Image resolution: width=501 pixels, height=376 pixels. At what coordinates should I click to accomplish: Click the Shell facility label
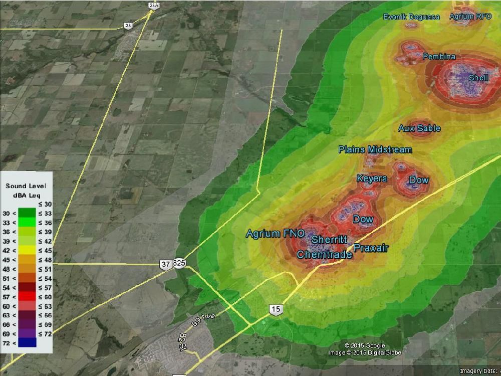[x=478, y=78]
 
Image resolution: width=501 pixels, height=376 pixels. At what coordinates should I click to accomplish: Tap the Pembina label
[x=439, y=57]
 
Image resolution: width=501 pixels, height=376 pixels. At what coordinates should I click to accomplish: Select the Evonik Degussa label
[x=411, y=17]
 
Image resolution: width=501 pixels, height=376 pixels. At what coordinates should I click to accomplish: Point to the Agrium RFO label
[x=470, y=17]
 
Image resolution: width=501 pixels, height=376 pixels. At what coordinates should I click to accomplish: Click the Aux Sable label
[x=419, y=128]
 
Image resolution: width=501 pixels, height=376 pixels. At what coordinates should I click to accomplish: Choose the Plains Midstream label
[x=375, y=149]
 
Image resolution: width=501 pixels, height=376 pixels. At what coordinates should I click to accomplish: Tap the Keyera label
[x=371, y=178]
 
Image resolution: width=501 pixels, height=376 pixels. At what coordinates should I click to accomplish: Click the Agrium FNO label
[x=275, y=234]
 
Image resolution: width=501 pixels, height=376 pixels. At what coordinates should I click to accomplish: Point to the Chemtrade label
[x=324, y=255]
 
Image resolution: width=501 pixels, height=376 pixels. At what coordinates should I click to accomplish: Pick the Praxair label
[x=371, y=248]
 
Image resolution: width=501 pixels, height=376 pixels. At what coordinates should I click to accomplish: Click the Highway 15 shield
[x=276, y=309]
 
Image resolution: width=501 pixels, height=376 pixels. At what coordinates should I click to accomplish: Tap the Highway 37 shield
[x=165, y=264]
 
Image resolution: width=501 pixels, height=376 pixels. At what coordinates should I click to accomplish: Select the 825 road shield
[x=179, y=263]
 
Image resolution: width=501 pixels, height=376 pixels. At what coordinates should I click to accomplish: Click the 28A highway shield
[x=154, y=6]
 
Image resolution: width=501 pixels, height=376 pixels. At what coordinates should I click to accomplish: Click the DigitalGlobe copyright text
[x=365, y=352]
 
